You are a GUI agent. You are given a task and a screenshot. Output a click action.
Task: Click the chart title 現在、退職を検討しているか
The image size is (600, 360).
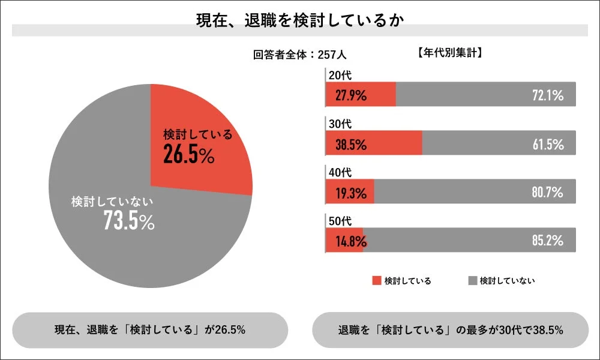tap(299, 20)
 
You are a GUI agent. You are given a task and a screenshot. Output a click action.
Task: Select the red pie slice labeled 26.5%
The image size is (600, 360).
tap(198, 144)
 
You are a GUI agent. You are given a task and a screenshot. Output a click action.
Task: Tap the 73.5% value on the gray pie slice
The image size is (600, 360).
tap(129, 221)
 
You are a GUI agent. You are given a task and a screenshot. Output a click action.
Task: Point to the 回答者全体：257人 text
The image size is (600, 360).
tap(299, 55)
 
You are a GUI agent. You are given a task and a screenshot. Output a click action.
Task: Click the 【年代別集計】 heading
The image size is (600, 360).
tap(450, 53)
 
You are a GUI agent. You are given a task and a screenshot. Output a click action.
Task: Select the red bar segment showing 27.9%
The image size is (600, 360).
tap(361, 94)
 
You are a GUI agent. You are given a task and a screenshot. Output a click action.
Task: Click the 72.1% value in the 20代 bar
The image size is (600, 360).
tap(547, 95)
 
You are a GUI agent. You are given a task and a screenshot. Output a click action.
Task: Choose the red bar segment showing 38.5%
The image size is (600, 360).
tap(374, 143)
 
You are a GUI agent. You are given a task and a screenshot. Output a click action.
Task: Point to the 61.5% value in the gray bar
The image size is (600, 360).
tap(547, 144)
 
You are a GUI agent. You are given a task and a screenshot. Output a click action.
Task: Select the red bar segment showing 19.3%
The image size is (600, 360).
tap(350, 192)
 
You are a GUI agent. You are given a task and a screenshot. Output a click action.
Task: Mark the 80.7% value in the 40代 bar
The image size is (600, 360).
tap(547, 193)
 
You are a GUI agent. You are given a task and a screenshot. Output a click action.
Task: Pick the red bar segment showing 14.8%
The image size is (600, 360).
tap(344, 241)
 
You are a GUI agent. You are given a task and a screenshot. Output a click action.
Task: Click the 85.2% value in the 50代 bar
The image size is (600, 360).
tap(547, 241)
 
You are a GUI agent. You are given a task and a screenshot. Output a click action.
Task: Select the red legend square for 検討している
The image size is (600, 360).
tap(377, 280)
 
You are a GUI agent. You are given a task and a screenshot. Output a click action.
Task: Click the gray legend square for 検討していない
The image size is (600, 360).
tap(472, 280)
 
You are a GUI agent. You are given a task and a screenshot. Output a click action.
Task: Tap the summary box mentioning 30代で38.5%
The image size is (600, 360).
tap(450, 330)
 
